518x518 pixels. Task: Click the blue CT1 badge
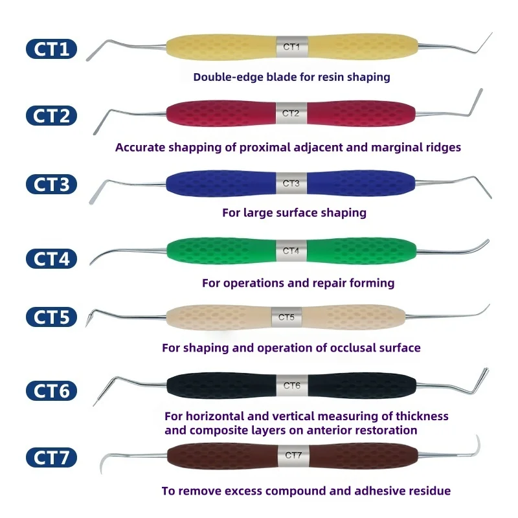click(x=52, y=49)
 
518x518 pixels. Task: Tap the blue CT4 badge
click(x=52, y=258)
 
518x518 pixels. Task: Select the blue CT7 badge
click(x=52, y=458)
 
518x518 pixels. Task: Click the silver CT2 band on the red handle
click(x=291, y=113)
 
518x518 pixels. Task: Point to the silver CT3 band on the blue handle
click(x=291, y=183)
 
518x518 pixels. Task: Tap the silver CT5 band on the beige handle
click(x=286, y=317)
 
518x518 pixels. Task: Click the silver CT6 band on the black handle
click(x=292, y=385)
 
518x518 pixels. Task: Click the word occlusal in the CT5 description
click(x=352, y=348)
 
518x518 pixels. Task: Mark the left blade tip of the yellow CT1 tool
click(x=88, y=60)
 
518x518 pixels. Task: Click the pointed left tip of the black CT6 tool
click(x=94, y=405)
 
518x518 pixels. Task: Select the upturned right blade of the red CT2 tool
click(x=476, y=102)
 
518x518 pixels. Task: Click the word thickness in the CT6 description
click(x=422, y=416)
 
